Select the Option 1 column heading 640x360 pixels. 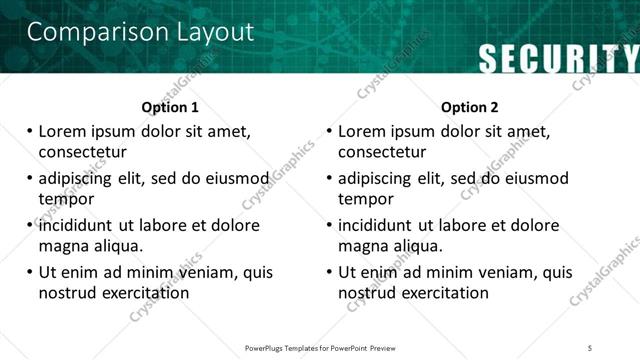coord(170,107)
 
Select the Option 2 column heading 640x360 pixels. coord(470,107)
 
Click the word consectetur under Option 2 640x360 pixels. coord(382,152)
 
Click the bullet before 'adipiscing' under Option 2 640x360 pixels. coord(330,179)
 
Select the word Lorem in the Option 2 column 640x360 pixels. coord(363,132)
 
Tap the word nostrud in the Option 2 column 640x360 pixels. coord(367,293)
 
